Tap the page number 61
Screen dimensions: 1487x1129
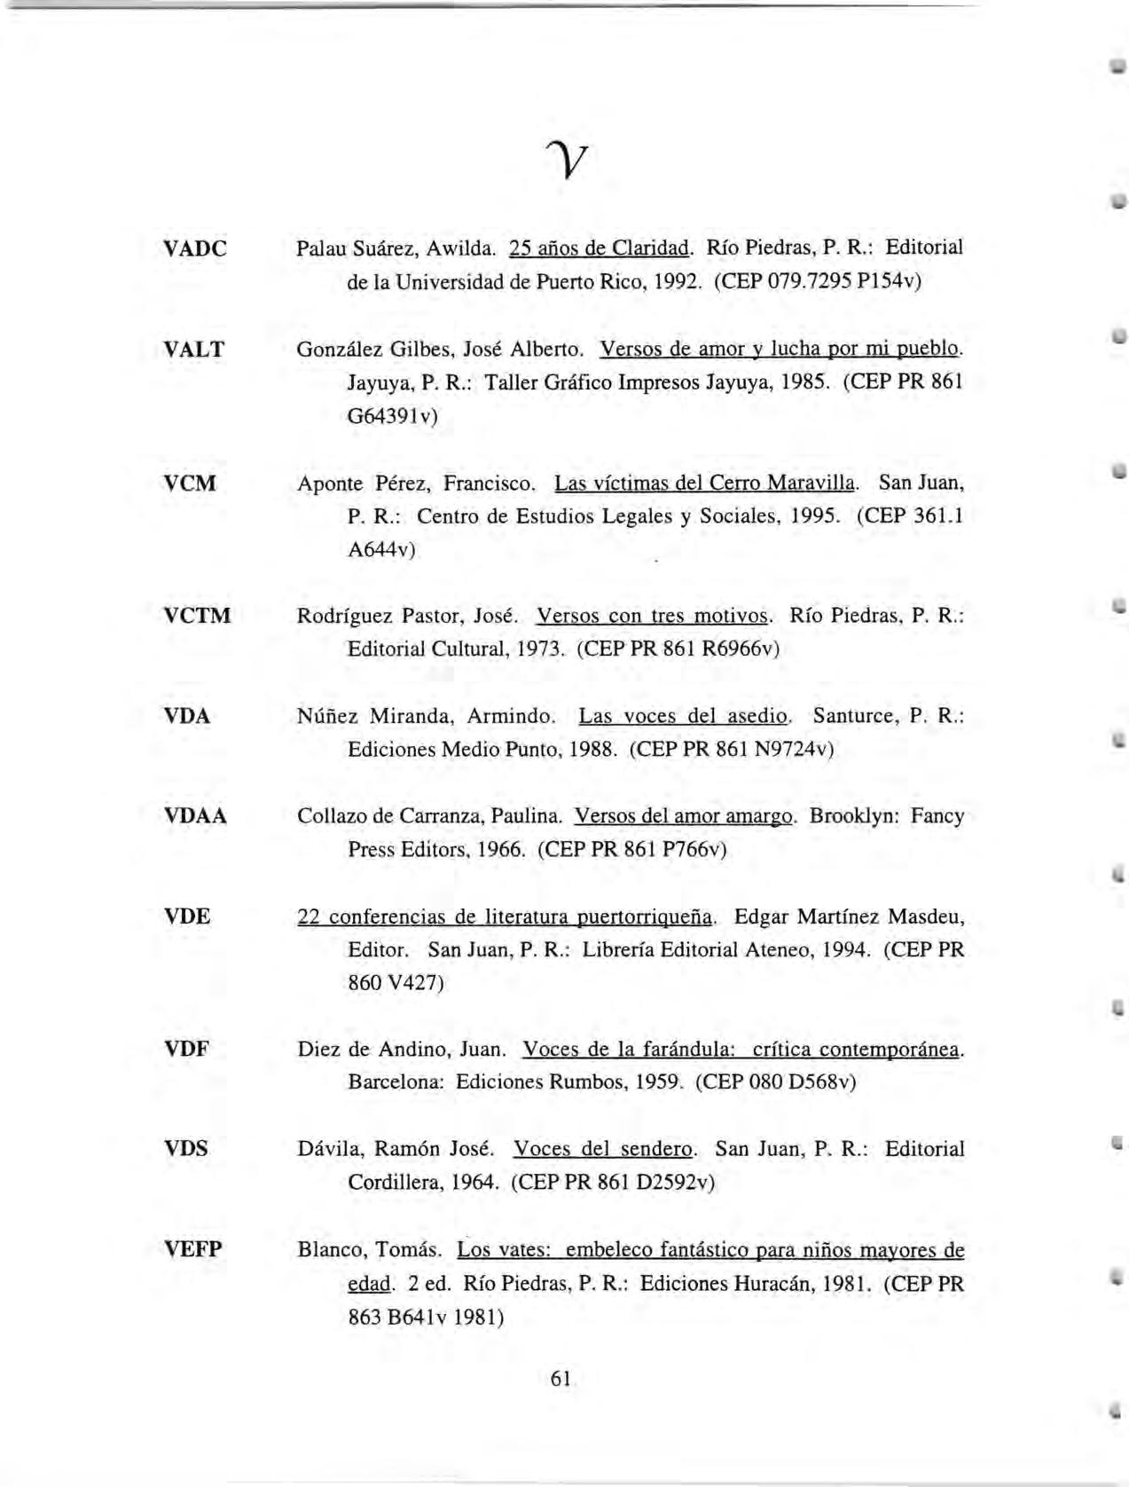point(561,1379)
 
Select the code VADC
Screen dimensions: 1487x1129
point(195,248)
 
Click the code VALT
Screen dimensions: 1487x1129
point(194,350)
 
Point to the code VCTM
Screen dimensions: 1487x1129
point(198,616)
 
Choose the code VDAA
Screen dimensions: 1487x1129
point(196,816)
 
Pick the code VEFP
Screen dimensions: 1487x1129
point(194,1250)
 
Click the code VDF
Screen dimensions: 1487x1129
point(187,1050)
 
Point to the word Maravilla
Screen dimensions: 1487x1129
point(812,484)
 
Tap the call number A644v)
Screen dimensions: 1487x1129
point(381,550)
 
